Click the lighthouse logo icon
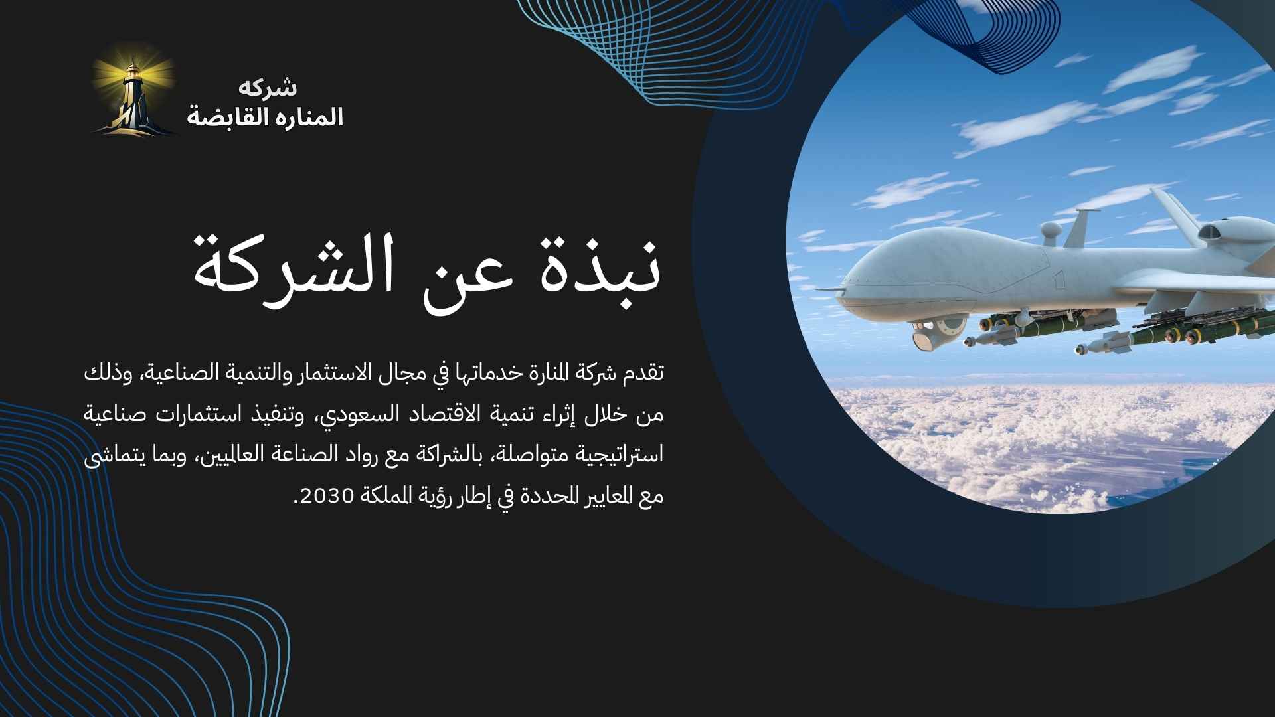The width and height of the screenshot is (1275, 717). [134, 90]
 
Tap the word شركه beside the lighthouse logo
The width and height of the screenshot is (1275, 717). [268, 87]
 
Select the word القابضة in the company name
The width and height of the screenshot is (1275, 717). [224, 117]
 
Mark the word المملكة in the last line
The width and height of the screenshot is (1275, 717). [380, 496]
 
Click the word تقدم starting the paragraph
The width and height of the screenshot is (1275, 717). [643, 374]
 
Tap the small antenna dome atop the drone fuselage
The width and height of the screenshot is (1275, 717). [1051, 231]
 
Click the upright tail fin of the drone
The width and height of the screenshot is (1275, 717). [1175, 209]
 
